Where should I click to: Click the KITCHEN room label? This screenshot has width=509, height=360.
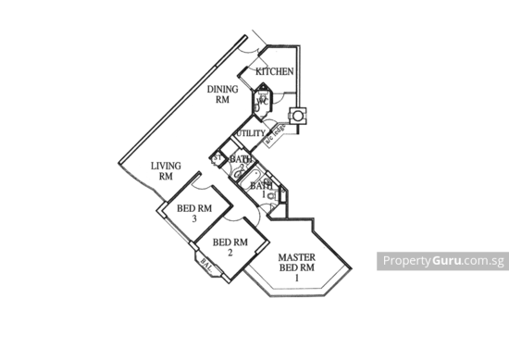click(x=274, y=70)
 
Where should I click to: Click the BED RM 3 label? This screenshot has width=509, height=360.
click(x=194, y=213)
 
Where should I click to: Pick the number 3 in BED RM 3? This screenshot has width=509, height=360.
click(x=194, y=219)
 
